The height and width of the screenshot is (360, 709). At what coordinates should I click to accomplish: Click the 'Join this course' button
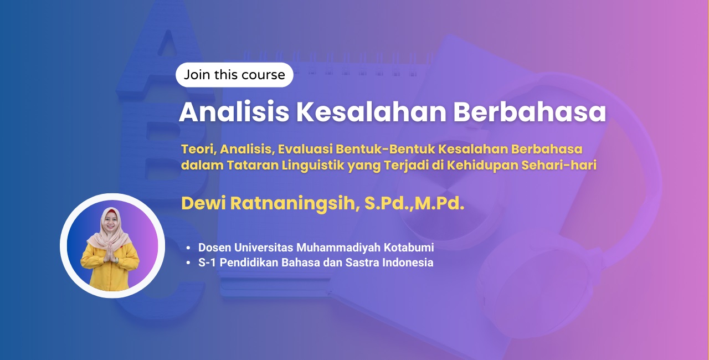(234, 75)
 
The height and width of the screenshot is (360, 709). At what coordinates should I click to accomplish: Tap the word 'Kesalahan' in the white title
(371, 112)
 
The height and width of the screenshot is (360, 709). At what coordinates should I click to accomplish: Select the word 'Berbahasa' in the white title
(530, 112)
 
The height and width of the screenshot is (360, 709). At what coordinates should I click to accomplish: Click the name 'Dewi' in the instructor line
(203, 203)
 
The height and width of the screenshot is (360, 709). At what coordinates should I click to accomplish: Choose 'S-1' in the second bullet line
(207, 263)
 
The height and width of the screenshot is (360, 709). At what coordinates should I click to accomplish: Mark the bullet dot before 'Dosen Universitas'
(188, 248)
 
